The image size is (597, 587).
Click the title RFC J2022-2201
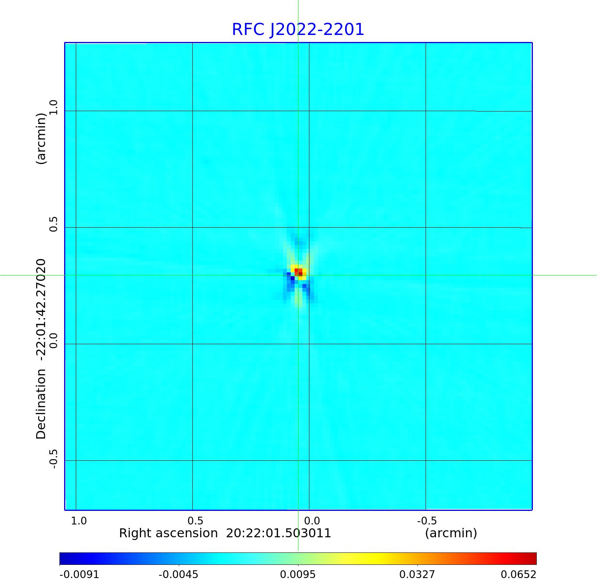click(x=298, y=30)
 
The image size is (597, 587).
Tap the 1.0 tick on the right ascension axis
click(x=79, y=521)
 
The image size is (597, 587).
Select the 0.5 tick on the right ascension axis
click(x=195, y=521)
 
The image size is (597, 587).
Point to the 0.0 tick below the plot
click(x=312, y=521)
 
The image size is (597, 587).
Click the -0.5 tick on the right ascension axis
click(x=426, y=521)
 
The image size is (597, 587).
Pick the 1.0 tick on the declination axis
click(x=53, y=107)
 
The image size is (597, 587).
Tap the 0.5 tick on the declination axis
click(x=53, y=224)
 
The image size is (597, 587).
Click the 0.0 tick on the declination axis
click(x=53, y=340)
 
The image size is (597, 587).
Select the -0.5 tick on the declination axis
click(x=53, y=459)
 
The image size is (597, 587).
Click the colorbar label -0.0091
click(x=79, y=574)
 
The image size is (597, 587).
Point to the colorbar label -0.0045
click(x=179, y=574)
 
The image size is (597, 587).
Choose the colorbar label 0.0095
click(x=298, y=574)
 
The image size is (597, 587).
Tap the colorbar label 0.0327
click(x=417, y=574)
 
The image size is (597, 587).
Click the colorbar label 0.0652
click(x=518, y=574)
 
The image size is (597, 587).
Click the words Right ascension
click(x=168, y=533)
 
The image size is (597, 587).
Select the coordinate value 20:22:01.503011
click(x=278, y=533)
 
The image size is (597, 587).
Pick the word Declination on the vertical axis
click(x=41, y=404)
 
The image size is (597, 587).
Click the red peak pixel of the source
click(x=298, y=271)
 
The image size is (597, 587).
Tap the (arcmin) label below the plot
click(x=451, y=533)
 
